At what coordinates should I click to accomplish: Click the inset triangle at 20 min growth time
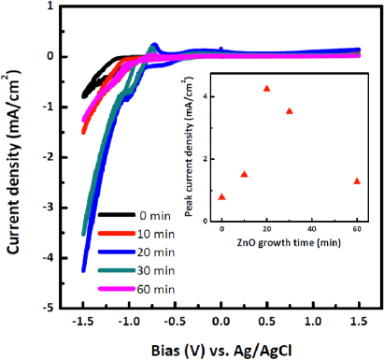[x=267, y=89]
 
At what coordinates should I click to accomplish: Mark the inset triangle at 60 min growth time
[x=357, y=180]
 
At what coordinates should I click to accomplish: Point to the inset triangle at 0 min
[x=222, y=196]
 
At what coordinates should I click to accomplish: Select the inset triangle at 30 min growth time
[x=290, y=110]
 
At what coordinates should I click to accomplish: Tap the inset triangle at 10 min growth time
[x=245, y=174]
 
